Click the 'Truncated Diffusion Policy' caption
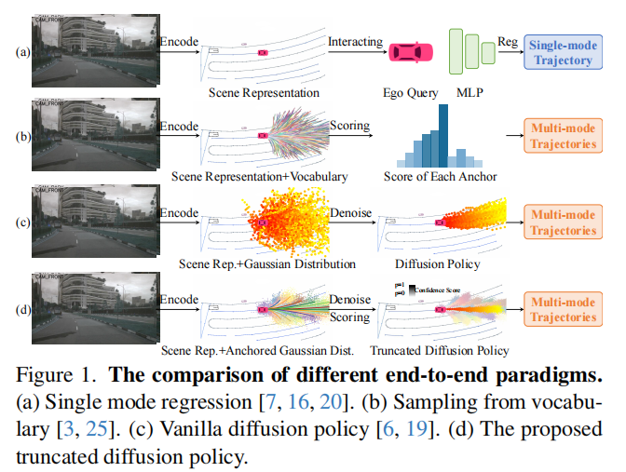click(440, 351)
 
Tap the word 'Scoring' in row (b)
click(349, 125)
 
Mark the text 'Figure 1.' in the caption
click(65, 378)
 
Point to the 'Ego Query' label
click(412, 92)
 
